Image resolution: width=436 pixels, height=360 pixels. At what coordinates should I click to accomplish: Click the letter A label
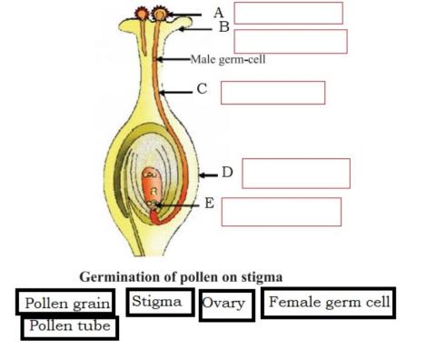point(218,13)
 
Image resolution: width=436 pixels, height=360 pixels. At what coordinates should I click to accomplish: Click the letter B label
point(223,28)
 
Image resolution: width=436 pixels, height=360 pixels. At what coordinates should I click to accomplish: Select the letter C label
point(202,89)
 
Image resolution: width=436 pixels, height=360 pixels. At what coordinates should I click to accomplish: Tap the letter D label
point(228,172)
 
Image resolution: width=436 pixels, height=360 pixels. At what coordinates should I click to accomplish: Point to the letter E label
point(209,203)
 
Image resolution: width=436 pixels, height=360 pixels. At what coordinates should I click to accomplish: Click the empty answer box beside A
point(288,13)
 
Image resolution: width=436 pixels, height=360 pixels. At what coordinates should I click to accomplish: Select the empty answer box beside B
point(291,41)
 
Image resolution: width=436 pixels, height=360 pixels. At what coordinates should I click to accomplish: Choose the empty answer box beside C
point(272,93)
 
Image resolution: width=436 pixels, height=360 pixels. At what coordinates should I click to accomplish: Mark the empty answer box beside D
point(295,173)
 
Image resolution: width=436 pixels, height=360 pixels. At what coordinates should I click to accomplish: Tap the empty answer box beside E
point(281,211)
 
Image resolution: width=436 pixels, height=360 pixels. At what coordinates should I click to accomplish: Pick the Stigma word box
point(160,302)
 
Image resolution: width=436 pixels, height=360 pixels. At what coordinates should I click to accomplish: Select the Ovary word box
point(224,304)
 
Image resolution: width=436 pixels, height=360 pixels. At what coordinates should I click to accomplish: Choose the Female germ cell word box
point(329,303)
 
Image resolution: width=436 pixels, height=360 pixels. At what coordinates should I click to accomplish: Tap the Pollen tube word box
point(69,325)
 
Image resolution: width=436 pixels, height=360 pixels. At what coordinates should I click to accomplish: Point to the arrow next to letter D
point(209,173)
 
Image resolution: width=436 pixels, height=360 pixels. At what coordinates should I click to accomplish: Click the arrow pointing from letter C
point(176,91)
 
